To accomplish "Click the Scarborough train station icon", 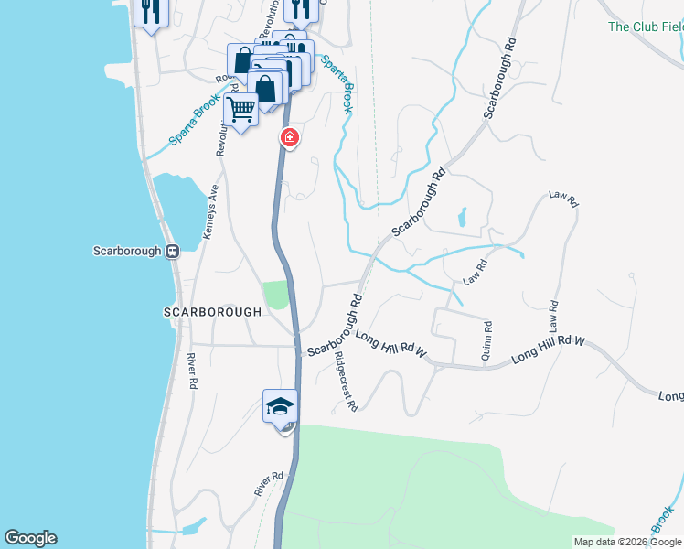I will [171, 251].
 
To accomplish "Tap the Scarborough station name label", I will [127, 251].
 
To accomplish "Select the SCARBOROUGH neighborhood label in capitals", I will [212, 311].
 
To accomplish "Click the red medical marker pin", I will [289, 138].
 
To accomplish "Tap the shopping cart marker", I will [240, 110].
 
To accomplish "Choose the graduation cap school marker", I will [280, 405].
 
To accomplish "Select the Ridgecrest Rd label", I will [345, 380].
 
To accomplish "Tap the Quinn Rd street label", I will [487, 339].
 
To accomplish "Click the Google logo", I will [29, 538].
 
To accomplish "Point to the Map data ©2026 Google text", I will [627, 542].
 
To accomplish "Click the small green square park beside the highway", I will [275, 296].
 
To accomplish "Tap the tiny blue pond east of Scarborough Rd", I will [462, 217].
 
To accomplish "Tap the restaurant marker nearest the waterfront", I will [149, 12].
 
